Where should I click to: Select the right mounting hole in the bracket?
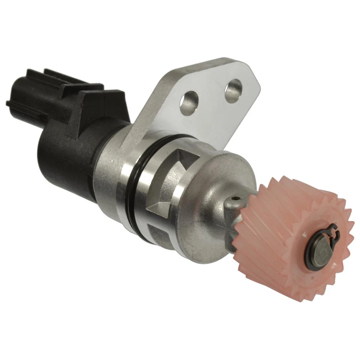click(x=233, y=89)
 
